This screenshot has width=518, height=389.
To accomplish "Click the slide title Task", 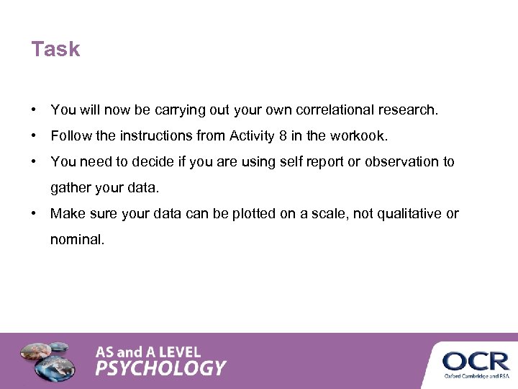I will [x=55, y=50].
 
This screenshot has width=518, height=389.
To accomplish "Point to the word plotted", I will [x=254, y=214].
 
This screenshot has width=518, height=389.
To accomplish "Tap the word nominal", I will [x=77, y=240].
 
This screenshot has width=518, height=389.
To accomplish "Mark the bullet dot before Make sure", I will [x=35, y=214].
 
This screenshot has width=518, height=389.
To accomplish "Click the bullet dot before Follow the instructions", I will [x=35, y=136].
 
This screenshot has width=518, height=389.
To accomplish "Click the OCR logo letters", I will [x=476, y=359].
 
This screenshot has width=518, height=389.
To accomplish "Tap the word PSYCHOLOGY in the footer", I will [x=161, y=368].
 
